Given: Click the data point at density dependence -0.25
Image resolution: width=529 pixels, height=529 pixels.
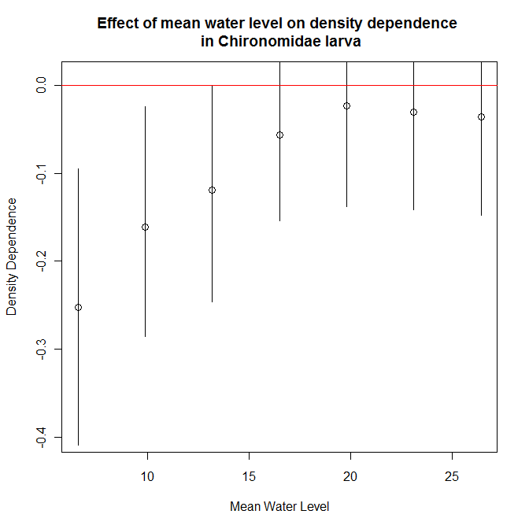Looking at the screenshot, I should pyautogui.click(x=78, y=307).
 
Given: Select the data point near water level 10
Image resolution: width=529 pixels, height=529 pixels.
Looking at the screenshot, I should pyautogui.click(x=145, y=228).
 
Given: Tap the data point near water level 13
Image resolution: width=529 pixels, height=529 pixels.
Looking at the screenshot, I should pyautogui.click(x=212, y=190).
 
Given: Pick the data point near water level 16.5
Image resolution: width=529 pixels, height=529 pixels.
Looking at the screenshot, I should pyautogui.click(x=279, y=135).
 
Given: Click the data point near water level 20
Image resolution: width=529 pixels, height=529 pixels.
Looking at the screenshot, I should pyautogui.click(x=346, y=105).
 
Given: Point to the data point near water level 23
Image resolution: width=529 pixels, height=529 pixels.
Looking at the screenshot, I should pyautogui.click(x=413, y=112).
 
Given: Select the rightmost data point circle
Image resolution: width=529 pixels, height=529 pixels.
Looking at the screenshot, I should pyautogui.click(x=481, y=117).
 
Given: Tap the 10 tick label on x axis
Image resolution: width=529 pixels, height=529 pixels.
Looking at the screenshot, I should pyautogui.click(x=147, y=476).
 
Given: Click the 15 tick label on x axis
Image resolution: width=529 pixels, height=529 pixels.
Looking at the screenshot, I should pyautogui.click(x=249, y=476).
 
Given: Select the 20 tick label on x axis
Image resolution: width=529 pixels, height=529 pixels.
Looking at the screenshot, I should pyautogui.click(x=350, y=476).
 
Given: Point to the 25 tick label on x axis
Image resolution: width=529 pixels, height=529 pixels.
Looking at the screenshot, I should pyautogui.click(x=452, y=476).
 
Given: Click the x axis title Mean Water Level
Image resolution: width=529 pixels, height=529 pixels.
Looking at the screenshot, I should pyautogui.click(x=279, y=507).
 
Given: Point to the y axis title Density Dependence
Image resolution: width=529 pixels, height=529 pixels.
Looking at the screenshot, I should pyautogui.click(x=12, y=257).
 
